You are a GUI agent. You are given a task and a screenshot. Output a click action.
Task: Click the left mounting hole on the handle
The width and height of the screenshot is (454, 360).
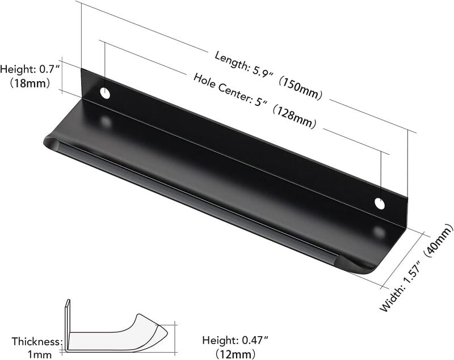coord(106,93)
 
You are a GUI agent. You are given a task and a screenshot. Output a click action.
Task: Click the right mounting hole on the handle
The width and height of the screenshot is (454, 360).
coord(379,203)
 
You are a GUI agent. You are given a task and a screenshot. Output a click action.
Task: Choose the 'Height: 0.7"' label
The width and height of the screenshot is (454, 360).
coord(30,69)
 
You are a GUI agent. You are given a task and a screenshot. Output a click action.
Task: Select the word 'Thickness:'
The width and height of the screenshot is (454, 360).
coord(37,342)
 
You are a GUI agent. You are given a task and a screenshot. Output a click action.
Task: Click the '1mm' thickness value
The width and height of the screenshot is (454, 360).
coord(39,354)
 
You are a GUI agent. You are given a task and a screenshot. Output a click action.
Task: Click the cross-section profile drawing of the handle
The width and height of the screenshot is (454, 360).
coord(113,334)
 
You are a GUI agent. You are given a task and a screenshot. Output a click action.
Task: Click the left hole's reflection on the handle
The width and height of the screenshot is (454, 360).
coord(106,121)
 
